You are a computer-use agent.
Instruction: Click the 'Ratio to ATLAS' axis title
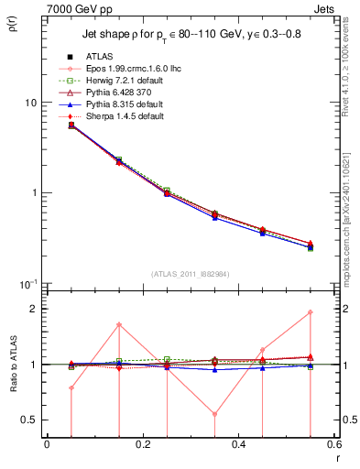(13, 366)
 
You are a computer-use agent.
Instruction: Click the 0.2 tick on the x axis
(142, 445)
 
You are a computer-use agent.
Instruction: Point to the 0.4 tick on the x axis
(239, 445)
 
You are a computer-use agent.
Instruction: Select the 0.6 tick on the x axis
(334, 445)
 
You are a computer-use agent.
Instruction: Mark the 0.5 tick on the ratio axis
(29, 420)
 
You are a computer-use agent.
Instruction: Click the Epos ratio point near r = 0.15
(119, 324)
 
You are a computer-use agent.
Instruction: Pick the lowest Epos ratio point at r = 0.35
(215, 414)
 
